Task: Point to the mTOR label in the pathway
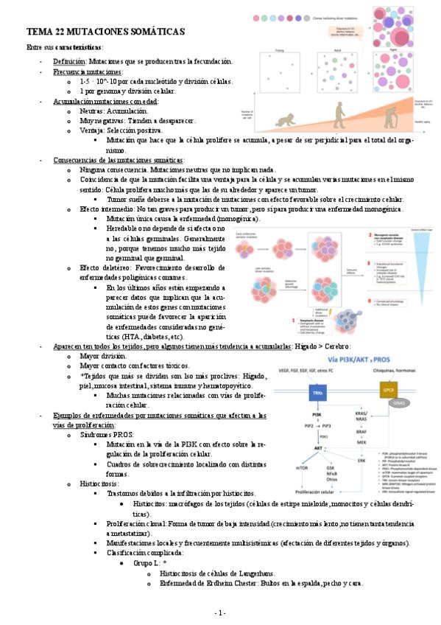pyautogui.click(x=302, y=468)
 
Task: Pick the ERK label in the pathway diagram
pyautogui.click(x=361, y=461)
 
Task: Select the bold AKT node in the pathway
pyautogui.click(x=318, y=448)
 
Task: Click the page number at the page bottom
pyautogui.click(x=220, y=613)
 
